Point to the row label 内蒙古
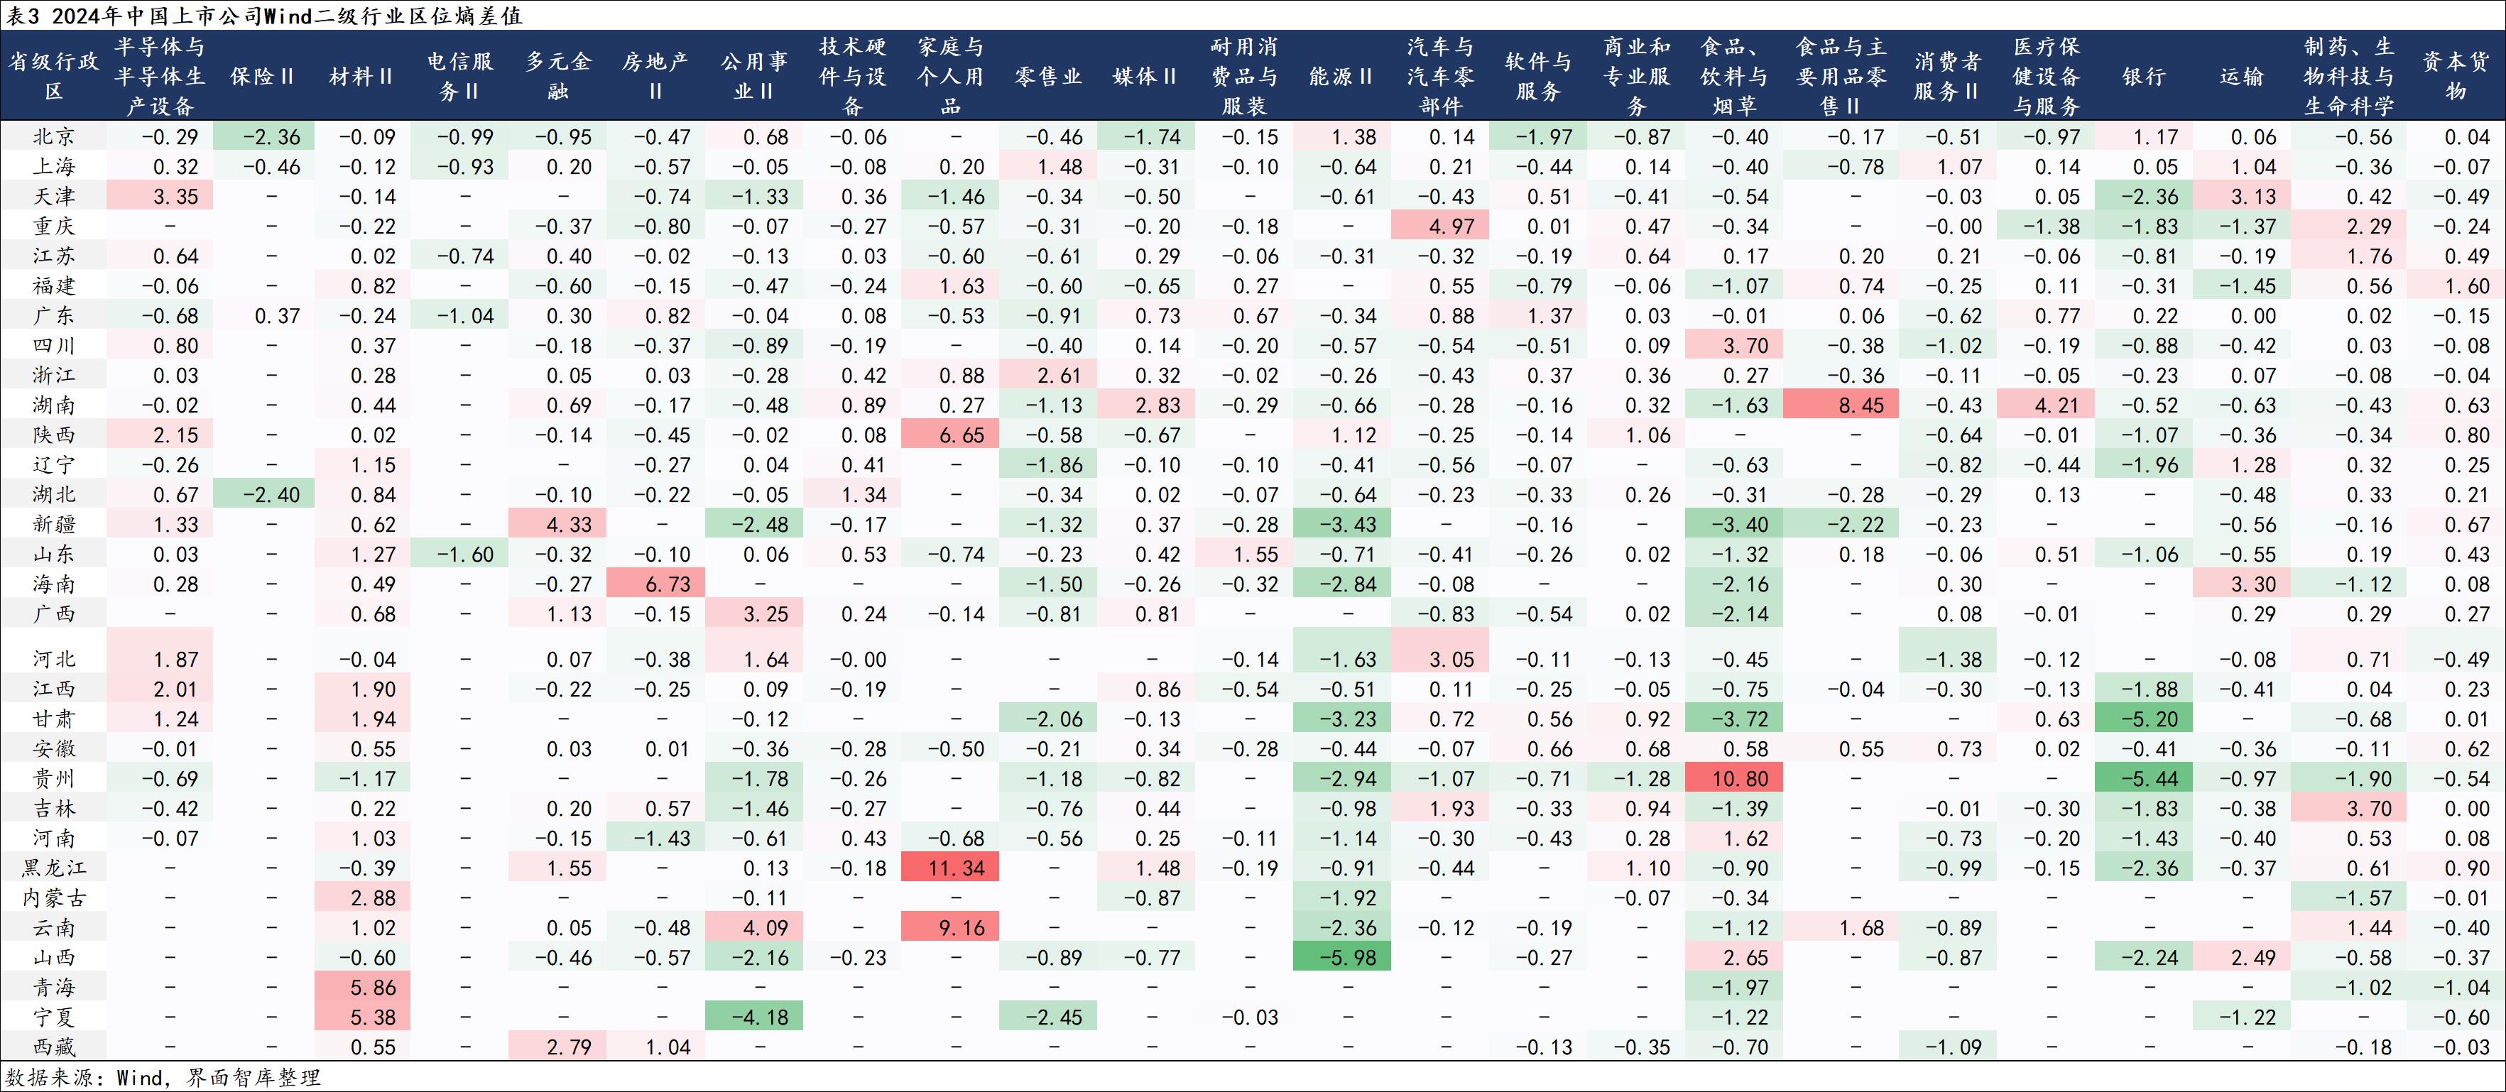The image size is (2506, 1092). click(x=55, y=897)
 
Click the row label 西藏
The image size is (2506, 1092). click(x=55, y=1047)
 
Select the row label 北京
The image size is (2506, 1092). click(x=55, y=137)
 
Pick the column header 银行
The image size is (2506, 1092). click(x=2144, y=76)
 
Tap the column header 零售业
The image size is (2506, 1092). click(x=1047, y=76)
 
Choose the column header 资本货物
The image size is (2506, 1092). click(x=2456, y=76)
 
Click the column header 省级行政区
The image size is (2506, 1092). click(x=55, y=76)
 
